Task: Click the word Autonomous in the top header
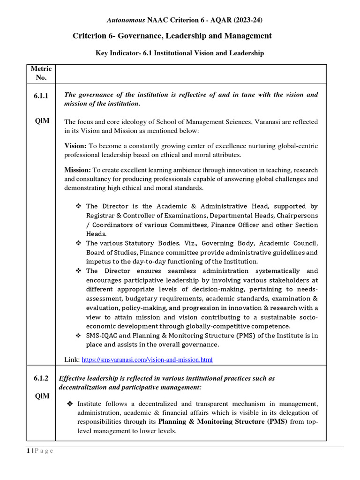tap(126, 20)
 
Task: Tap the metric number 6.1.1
tap(42, 95)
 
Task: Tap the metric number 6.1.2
tap(42, 378)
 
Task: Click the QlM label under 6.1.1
tap(42, 121)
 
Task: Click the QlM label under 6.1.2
tap(42, 396)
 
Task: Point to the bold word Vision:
tap(75, 146)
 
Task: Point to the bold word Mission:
tap(77, 170)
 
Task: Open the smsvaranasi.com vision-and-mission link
tap(147, 360)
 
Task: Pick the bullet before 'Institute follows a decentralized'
tap(70, 404)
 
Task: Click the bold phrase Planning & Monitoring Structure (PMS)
tap(222, 422)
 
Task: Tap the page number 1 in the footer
tap(28, 451)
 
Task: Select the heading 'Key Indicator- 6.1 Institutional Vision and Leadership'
tap(180, 53)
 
